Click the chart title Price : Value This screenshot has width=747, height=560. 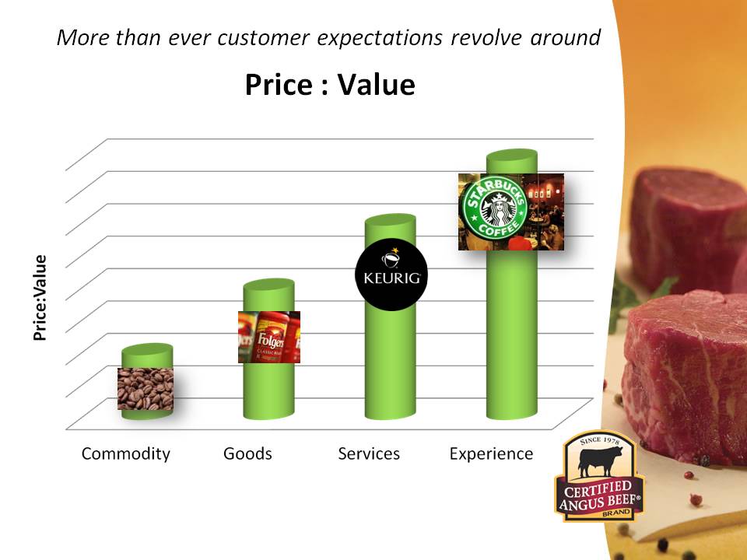coord(330,85)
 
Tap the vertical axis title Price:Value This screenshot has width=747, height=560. coord(40,298)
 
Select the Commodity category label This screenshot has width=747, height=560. coord(126,453)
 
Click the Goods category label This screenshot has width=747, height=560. coord(247,453)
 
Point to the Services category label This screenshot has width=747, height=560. coord(369,453)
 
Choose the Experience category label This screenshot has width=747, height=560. coord(491,453)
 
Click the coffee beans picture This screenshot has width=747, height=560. coord(146,389)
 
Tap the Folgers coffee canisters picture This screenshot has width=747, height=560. coord(269,337)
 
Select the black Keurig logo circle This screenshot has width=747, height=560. coord(391,275)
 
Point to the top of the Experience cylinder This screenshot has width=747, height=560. coord(512,156)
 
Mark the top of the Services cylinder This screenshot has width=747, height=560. coord(391,220)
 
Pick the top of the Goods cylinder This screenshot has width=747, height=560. coord(268,285)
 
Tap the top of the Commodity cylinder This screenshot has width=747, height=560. coord(147,350)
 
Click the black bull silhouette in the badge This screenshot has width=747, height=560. coord(599,463)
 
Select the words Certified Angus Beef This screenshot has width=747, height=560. coord(600,496)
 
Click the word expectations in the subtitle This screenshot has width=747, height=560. coord(380,38)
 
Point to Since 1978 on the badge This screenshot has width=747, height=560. coord(600,441)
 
